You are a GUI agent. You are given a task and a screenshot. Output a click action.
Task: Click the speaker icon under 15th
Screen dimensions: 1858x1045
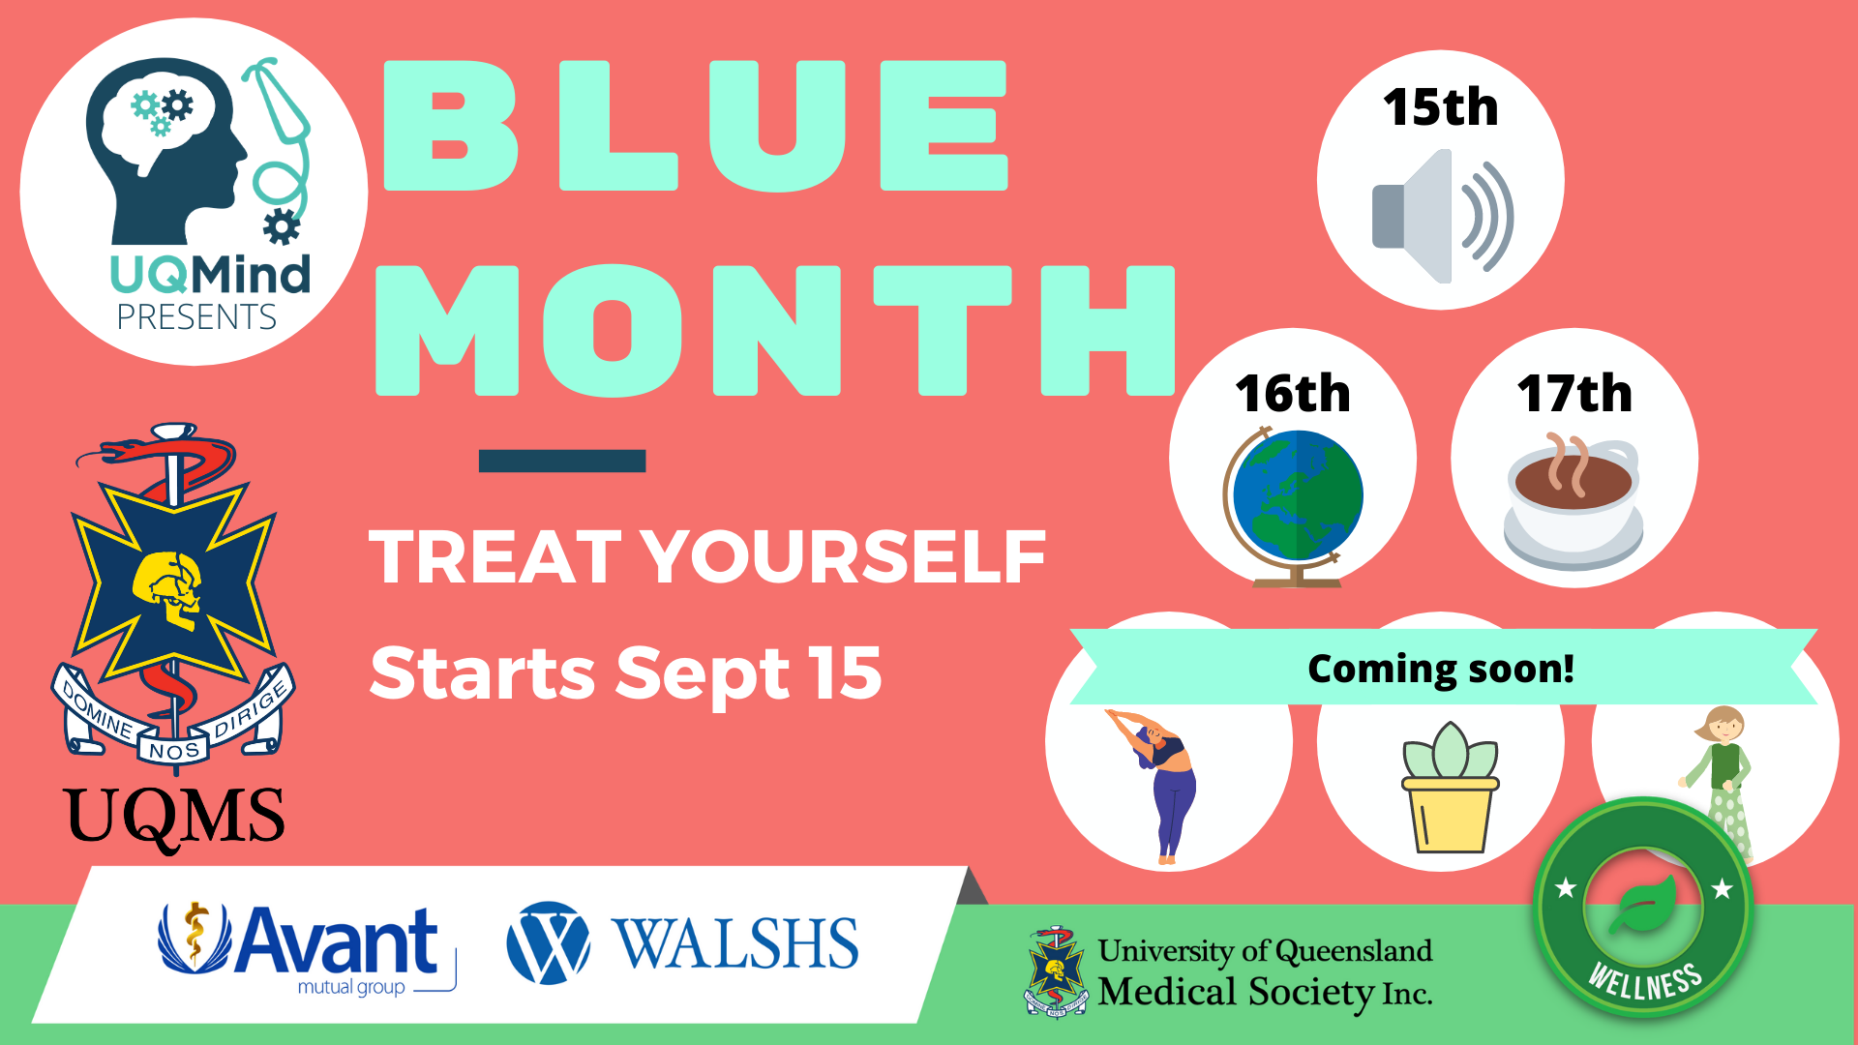tap(1442, 216)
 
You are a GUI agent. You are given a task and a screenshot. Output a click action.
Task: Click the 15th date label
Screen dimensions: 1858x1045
tap(1440, 106)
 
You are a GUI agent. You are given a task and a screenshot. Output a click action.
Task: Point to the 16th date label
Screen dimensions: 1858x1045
tap(1293, 394)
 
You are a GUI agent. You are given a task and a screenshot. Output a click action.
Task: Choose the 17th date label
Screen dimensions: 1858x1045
tap(1574, 394)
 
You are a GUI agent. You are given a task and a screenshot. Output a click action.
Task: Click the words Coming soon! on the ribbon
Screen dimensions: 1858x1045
tap(1441, 669)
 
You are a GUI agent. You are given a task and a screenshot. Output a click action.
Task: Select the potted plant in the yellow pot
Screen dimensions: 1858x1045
tap(1450, 788)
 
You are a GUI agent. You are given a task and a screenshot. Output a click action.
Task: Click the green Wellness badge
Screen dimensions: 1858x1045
tap(1643, 907)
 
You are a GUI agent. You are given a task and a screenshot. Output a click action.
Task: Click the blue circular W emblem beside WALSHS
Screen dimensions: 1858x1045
tap(548, 942)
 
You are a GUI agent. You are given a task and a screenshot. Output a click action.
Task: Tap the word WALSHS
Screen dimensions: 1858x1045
tap(735, 943)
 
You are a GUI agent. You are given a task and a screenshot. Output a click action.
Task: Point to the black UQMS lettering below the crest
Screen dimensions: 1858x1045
tap(174, 819)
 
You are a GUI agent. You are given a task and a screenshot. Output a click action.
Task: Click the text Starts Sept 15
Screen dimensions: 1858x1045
tap(626, 673)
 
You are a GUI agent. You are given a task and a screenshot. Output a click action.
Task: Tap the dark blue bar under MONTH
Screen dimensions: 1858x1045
tap(562, 461)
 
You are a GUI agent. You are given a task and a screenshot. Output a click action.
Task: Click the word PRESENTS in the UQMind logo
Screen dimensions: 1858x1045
tap(196, 317)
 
